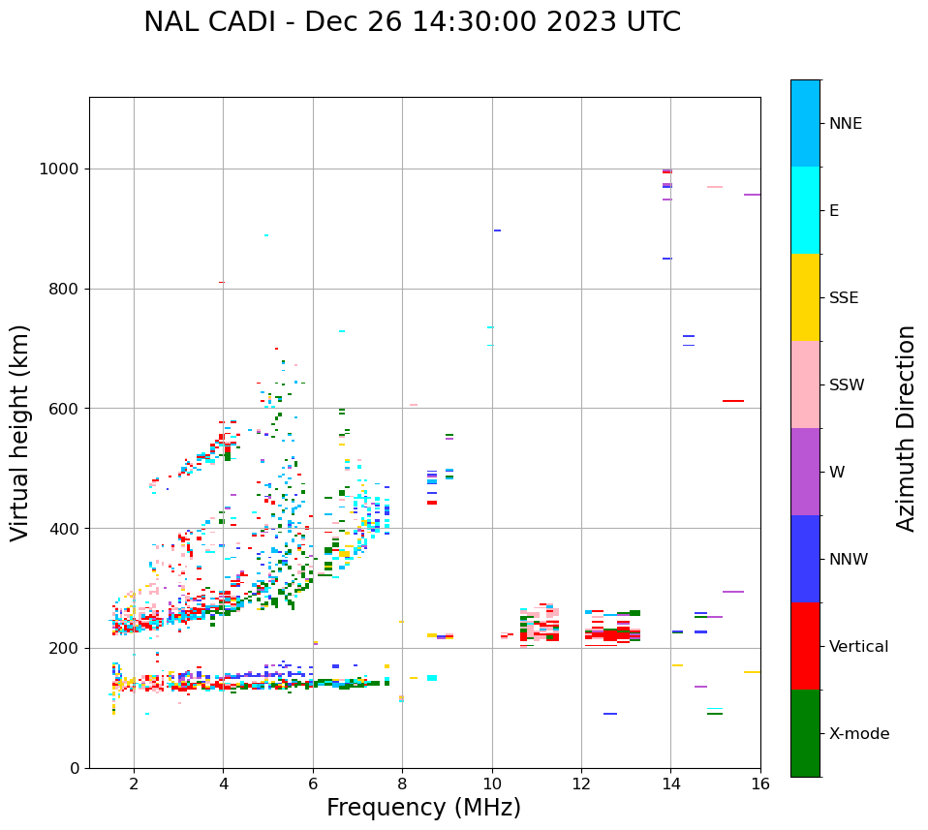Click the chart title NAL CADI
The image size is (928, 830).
click(412, 22)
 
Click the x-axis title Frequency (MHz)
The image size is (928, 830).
click(423, 808)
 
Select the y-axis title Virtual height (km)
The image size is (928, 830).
click(20, 432)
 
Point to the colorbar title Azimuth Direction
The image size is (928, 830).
click(906, 428)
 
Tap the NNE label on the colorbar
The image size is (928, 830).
click(845, 124)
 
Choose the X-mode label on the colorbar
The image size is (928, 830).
click(858, 734)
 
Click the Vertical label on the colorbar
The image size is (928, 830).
click(858, 647)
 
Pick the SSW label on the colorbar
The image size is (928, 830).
click(846, 385)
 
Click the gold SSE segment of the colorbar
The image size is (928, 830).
click(805, 297)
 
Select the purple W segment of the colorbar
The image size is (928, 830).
click(805, 472)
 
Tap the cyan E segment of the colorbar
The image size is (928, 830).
click(805, 210)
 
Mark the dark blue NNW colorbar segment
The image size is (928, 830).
click(805, 559)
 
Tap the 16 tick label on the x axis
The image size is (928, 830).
click(760, 784)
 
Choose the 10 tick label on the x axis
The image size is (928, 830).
click(492, 784)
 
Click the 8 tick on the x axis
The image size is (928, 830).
click(402, 784)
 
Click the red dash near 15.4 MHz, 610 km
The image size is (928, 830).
click(732, 401)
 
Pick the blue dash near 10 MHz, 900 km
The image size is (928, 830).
click(497, 231)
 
